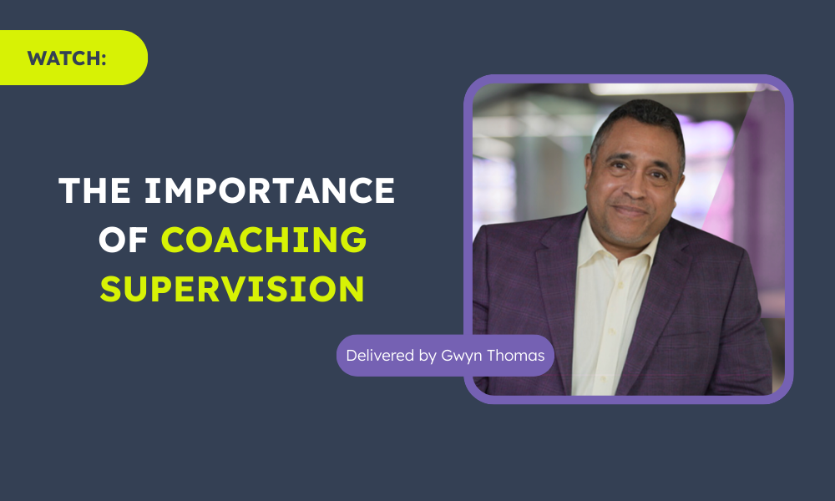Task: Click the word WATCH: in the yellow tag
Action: pos(67,58)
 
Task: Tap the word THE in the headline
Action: pos(95,190)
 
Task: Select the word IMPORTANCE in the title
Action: pos(270,190)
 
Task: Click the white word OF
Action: pos(123,240)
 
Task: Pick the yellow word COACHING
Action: pos(264,240)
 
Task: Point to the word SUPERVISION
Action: pos(232,289)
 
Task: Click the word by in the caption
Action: pos(428,357)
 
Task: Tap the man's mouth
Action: pos(630,211)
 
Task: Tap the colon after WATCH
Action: pos(104,59)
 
